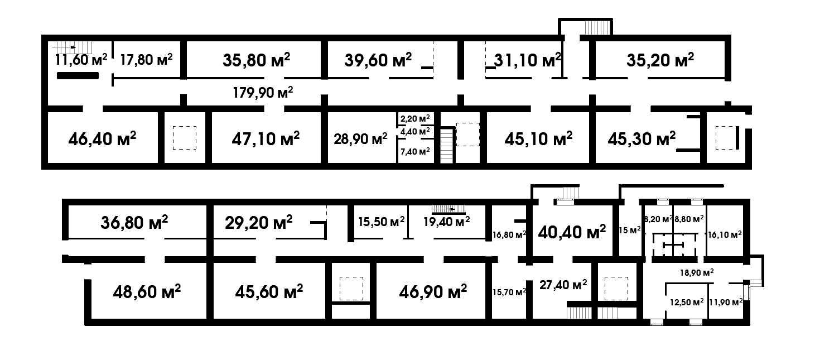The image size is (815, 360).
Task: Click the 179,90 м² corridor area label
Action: coord(263,93)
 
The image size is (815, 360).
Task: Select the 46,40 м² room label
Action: coord(102,138)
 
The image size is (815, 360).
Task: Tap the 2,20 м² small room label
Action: coord(415,119)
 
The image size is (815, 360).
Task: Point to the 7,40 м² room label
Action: coord(415,151)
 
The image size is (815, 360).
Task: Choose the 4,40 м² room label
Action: coord(415,131)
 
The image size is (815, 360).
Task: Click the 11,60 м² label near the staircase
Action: coord(81,59)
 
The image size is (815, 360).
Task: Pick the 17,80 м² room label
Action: coord(146,59)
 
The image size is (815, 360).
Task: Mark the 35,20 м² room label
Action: coord(660,60)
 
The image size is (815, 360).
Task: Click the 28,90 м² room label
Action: coord(360,138)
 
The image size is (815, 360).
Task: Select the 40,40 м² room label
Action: coord(572,232)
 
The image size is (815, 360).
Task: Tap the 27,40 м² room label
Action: coord(563,285)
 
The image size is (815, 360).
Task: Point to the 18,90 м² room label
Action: coord(697,272)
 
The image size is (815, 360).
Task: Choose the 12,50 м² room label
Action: coord(687,302)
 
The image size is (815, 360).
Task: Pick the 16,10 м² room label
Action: coord(725,235)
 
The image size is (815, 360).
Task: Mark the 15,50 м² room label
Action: coord(382,222)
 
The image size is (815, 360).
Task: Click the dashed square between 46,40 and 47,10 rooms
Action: coord(185,138)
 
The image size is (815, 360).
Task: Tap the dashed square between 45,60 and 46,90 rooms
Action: coord(351,289)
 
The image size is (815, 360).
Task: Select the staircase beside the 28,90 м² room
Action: coord(447,145)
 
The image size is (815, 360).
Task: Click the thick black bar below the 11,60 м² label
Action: coord(78,76)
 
